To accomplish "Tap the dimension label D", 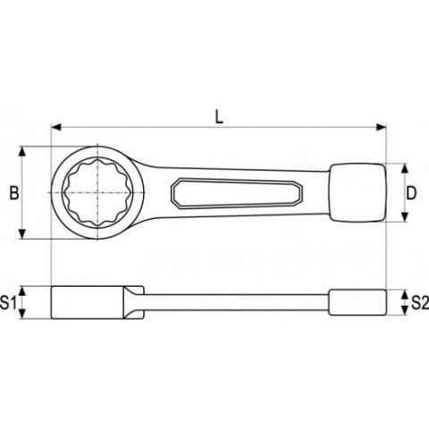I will [413, 193].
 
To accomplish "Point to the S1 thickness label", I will [11, 303].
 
